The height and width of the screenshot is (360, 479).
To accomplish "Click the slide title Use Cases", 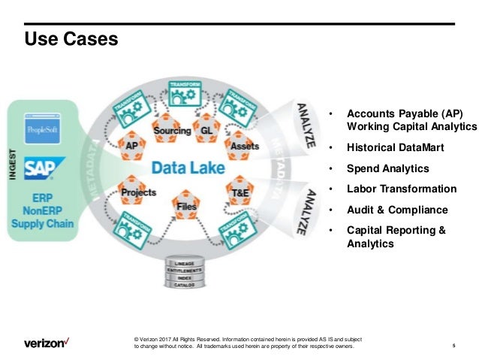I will pos(72,38).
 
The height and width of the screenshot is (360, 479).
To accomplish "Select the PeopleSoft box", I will pos(43,130).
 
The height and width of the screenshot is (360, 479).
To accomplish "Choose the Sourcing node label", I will pos(172,131).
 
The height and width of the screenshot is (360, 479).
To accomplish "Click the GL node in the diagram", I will pos(208,131).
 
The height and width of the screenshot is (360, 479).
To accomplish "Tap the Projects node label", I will pos(138,193).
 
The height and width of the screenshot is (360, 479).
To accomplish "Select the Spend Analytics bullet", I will pos(387,169).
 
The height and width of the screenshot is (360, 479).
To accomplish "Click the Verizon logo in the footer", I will pos(47,343).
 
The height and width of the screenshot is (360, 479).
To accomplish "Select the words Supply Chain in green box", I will pos(44,224).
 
